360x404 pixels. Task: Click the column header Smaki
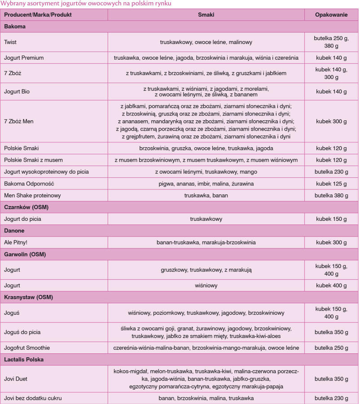pyautogui.click(x=206, y=15)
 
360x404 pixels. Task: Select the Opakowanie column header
pyautogui.click(x=331, y=15)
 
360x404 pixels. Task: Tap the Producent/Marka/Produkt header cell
pyautogui.click(x=38, y=15)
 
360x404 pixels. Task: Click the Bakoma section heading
pyautogui.click(x=15, y=26)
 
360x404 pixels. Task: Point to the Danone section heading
pyautogui.click(x=14, y=230)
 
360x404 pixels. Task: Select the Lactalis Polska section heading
pyautogui.click(x=24, y=360)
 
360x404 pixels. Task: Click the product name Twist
pyautogui.click(x=10, y=42)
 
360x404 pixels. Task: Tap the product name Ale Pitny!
pyautogui.click(x=18, y=242)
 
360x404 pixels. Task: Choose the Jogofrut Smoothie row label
pyautogui.click(x=27, y=348)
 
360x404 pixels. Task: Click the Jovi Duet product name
pyautogui.click(x=16, y=379)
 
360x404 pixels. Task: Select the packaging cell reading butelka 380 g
pyautogui.click(x=331, y=195)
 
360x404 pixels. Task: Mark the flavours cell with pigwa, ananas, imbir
pyautogui.click(x=206, y=184)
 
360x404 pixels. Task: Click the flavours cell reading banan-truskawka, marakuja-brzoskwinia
pyautogui.click(x=206, y=242)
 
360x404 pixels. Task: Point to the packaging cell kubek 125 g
pyautogui.click(x=331, y=184)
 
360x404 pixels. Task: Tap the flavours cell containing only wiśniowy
pyautogui.click(x=206, y=285)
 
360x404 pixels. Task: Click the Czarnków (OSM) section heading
pyautogui.click(x=26, y=207)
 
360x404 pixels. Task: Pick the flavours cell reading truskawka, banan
pyautogui.click(x=206, y=195)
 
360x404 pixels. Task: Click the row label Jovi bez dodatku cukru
pyautogui.click(x=33, y=398)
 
